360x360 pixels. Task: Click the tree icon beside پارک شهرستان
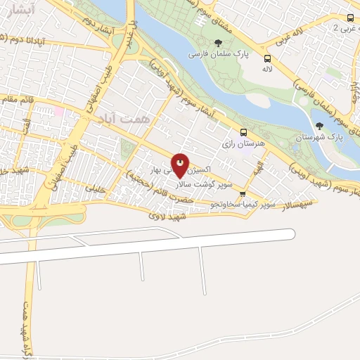(x=320, y=126)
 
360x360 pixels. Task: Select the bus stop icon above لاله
(x=267, y=58)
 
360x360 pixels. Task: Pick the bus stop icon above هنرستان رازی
(x=244, y=132)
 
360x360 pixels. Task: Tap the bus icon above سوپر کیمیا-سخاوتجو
(x=243, y=194)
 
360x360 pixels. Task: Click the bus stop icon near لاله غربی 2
(x=350, y=18)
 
